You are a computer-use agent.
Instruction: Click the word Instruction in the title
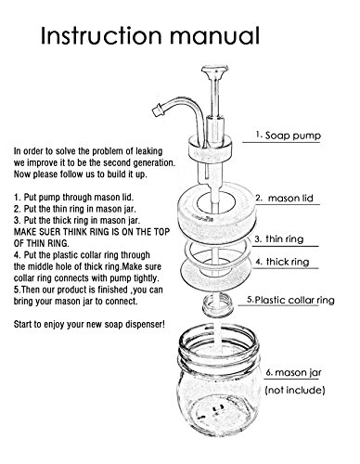(101, 35)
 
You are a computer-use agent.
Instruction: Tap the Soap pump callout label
(289, 135)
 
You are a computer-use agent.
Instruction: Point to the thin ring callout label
(279, 239)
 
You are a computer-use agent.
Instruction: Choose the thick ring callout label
(282, 262)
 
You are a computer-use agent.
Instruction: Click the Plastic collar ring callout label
(290, 300)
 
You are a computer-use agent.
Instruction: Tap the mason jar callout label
(294, 372)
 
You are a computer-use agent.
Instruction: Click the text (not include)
(295, 390)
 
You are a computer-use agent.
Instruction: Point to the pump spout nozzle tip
(158, 110)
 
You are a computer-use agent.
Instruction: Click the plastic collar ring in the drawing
(217, 304)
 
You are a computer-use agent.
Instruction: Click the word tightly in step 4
(147, 277)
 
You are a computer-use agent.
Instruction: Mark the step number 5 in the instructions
(17, 290)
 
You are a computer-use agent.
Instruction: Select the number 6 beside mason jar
(269, 373)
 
